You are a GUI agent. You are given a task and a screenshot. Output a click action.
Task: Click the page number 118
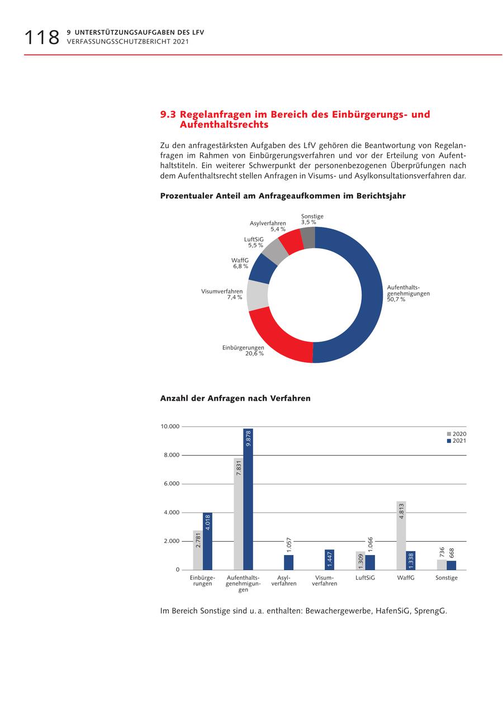click(41, 37)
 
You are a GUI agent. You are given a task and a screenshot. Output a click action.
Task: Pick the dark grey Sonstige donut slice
click(309, 238)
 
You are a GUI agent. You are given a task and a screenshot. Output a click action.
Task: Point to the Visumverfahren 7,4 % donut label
click(222, 295)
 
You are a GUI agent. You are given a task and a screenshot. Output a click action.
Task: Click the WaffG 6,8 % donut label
click(240, 263)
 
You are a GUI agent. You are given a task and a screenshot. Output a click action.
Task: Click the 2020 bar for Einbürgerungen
click(198, 550)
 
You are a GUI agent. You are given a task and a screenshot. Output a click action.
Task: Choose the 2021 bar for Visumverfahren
click(330, 560)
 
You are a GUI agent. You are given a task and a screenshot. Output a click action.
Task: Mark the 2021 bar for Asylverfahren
click(289, 562)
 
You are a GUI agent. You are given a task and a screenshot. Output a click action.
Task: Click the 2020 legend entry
click(456, 434)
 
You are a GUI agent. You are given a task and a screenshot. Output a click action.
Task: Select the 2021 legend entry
click(456, 441)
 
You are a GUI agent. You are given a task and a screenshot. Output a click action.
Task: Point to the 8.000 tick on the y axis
click(170, 455)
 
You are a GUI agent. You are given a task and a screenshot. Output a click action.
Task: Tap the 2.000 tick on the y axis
click(170, 541)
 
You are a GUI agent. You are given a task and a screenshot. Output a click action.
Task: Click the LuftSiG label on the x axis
click(366, 578)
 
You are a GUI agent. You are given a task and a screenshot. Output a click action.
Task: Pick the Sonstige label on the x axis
click(447, 578)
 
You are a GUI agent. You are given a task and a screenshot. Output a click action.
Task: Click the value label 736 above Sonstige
click(442, 552)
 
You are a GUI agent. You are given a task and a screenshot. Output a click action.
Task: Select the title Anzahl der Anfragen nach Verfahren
click(235, 399)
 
